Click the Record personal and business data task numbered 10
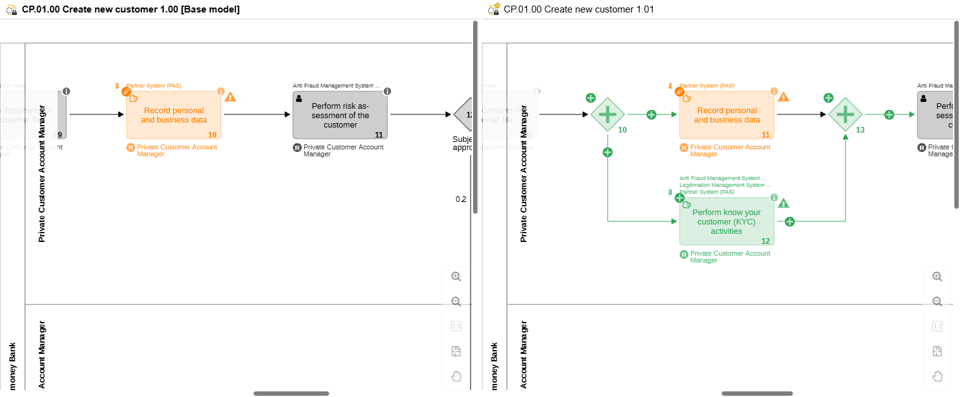[x=173, y=115]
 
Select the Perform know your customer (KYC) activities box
[x=726, y=222]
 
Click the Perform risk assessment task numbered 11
[x=340, y=115]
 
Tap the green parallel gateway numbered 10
[x=607, y=114]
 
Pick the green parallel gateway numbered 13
[x=845, y=114]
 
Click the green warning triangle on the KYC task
[x=784, y=203]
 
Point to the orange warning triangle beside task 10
[x=230, y=97]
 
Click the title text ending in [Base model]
[x=130, y=9]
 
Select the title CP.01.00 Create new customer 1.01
[x=578, y=9]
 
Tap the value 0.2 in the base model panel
[x=461, y=199]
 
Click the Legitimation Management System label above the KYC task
[x=722, y=185]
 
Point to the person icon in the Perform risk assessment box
[x=299, y=98]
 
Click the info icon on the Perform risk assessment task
[x=387, y=91]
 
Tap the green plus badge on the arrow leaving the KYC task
[x=789, y=221]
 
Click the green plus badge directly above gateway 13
[x=828, y=98]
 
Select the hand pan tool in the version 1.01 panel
[x=937, y=376]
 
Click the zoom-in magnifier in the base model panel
[x=456, y=276]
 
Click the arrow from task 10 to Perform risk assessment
[x=257, y=114]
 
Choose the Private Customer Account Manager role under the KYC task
[x=730, y=256]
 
